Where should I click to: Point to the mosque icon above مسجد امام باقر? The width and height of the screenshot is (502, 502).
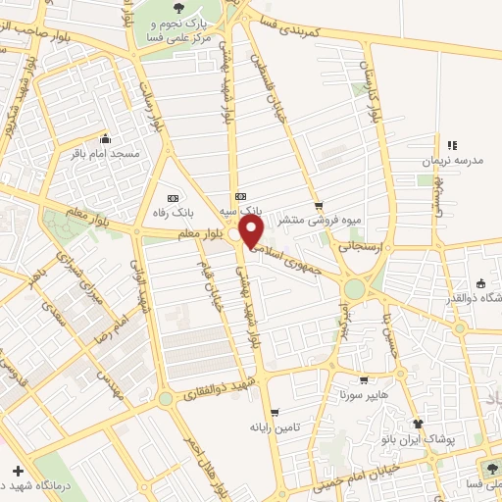pyautogui.click(x=106, y=138)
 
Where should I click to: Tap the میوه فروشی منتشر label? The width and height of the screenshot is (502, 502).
pyautogui.click(x=308, y=220)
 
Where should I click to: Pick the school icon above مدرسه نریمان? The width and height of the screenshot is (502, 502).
pyautogui.click(x=452, y=145)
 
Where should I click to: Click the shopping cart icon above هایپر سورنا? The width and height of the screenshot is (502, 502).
pyautogui.click(x=364, y=380)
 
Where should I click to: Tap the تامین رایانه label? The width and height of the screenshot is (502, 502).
pyautogui.click(x=273, y=427)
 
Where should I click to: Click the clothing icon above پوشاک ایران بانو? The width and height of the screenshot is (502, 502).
pyautogui.click(x=418, y=424)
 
